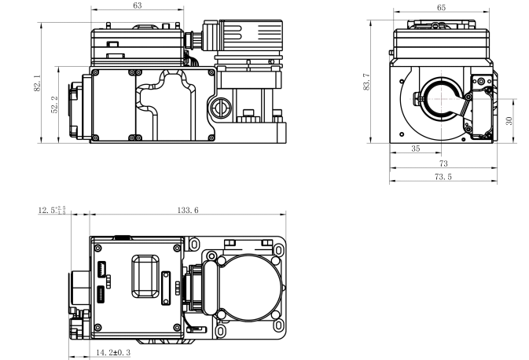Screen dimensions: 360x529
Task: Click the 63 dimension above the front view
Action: coord(138,6)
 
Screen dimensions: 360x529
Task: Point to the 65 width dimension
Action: coord(441,7)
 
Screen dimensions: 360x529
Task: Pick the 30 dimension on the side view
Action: coord(509,121)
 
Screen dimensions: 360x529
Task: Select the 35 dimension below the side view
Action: coord(416,148)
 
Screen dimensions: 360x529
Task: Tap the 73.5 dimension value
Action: coord(443,178)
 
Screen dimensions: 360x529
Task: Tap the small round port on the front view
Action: coord(220,106)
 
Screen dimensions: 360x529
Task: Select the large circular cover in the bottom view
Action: coord(239,286)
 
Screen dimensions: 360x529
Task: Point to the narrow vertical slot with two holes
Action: coord(167,288)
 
